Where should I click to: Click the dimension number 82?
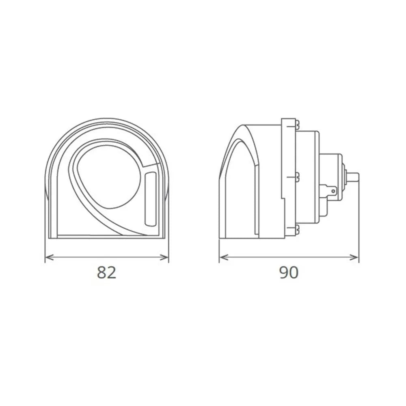(107, 272)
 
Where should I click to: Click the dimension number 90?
(289, 272)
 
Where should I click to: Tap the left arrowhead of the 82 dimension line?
(48, 257)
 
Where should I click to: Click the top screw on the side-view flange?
(298, 123)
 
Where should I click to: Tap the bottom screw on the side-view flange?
(298, 229)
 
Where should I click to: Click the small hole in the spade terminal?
(333, 190)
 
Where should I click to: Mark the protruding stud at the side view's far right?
(354, 177)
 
